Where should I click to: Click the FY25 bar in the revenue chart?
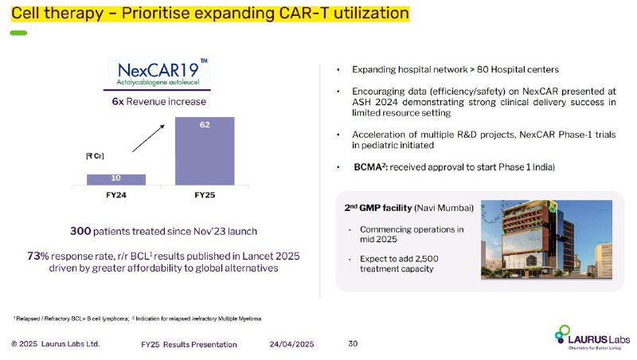(205, 151)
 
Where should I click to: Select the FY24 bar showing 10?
(116, 179)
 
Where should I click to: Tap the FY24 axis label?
(116, 195)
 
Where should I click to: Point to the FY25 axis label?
(205, 195)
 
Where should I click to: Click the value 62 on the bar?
(205, 125)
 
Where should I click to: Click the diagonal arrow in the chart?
(148, 138)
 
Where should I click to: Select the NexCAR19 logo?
(158, 73)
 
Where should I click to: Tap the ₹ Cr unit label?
(95, 156)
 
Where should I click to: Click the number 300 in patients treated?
(80, 231)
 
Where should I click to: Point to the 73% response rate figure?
(37, 256)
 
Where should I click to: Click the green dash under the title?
(18, 33)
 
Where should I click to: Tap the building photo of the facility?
(546, 239)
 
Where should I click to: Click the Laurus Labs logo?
(592, 337)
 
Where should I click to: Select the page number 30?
(353, 344)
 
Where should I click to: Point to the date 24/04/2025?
(291, 344)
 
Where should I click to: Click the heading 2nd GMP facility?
(378, 208)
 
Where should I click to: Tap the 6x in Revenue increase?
(118, 102)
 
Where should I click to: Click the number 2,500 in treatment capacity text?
(427, 259)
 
